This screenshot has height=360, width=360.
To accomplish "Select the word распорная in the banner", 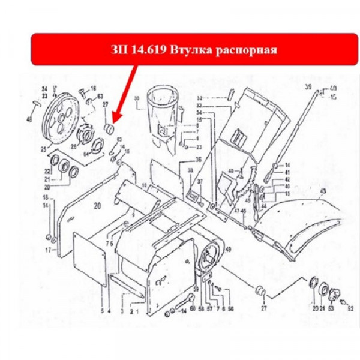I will pyautogui.click(x=247, y=49).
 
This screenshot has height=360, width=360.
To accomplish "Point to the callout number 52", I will pyautogui.click(x=350, y=308).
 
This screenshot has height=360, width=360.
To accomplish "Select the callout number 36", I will pyautogui.click(x=198, y=160).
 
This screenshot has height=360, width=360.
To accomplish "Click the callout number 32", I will pyautogui.click(x=199, y=98).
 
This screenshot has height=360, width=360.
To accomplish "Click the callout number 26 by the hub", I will pyautogui.click(x=74, y=145).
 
